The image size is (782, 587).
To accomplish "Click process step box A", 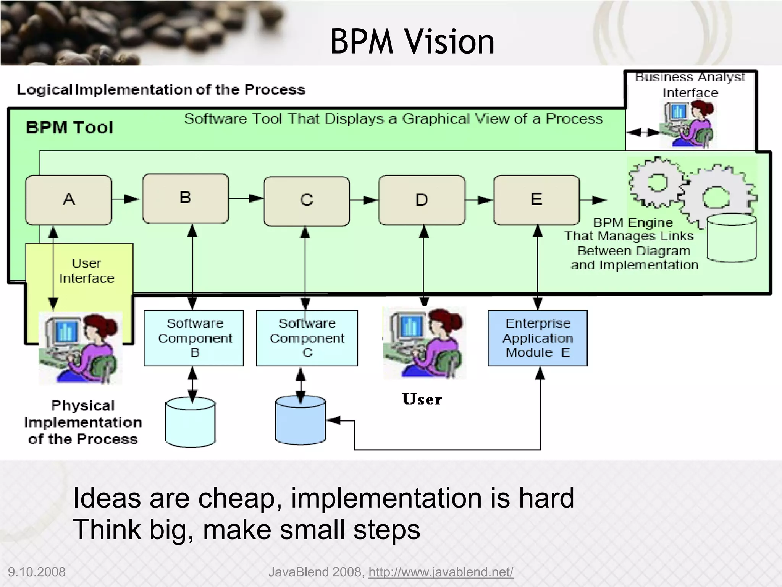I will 69,200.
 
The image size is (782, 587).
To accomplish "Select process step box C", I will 307,201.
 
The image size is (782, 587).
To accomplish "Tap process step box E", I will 536,200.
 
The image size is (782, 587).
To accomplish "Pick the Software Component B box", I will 194,338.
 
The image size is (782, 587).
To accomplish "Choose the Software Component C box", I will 307,338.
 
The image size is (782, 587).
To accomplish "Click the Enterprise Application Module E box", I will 537,338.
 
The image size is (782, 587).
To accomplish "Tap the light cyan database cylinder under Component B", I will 190,422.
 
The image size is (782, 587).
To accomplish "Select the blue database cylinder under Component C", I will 301,420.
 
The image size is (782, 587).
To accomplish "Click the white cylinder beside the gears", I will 731,238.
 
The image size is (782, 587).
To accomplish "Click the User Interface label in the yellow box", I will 87,271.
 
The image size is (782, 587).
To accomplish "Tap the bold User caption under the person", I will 422,399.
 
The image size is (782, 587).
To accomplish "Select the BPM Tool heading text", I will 70,127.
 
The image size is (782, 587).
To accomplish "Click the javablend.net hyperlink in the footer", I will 441,572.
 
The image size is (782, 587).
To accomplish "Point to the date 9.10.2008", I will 37,572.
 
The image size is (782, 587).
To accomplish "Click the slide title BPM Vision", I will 412,41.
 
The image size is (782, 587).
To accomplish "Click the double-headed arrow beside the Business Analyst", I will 643,133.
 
